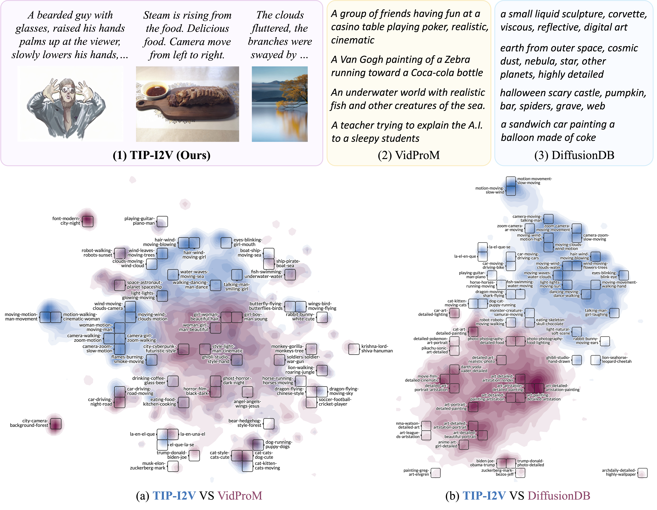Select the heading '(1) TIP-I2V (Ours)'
click(161, 155)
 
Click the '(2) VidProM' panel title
click(409, 155)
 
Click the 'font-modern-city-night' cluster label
click(66, 221)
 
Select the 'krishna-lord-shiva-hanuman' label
click(377, 348)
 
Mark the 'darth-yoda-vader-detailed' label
click(474, 369)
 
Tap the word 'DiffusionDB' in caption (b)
click(559, 496)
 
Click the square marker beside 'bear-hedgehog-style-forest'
click(269, 424)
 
